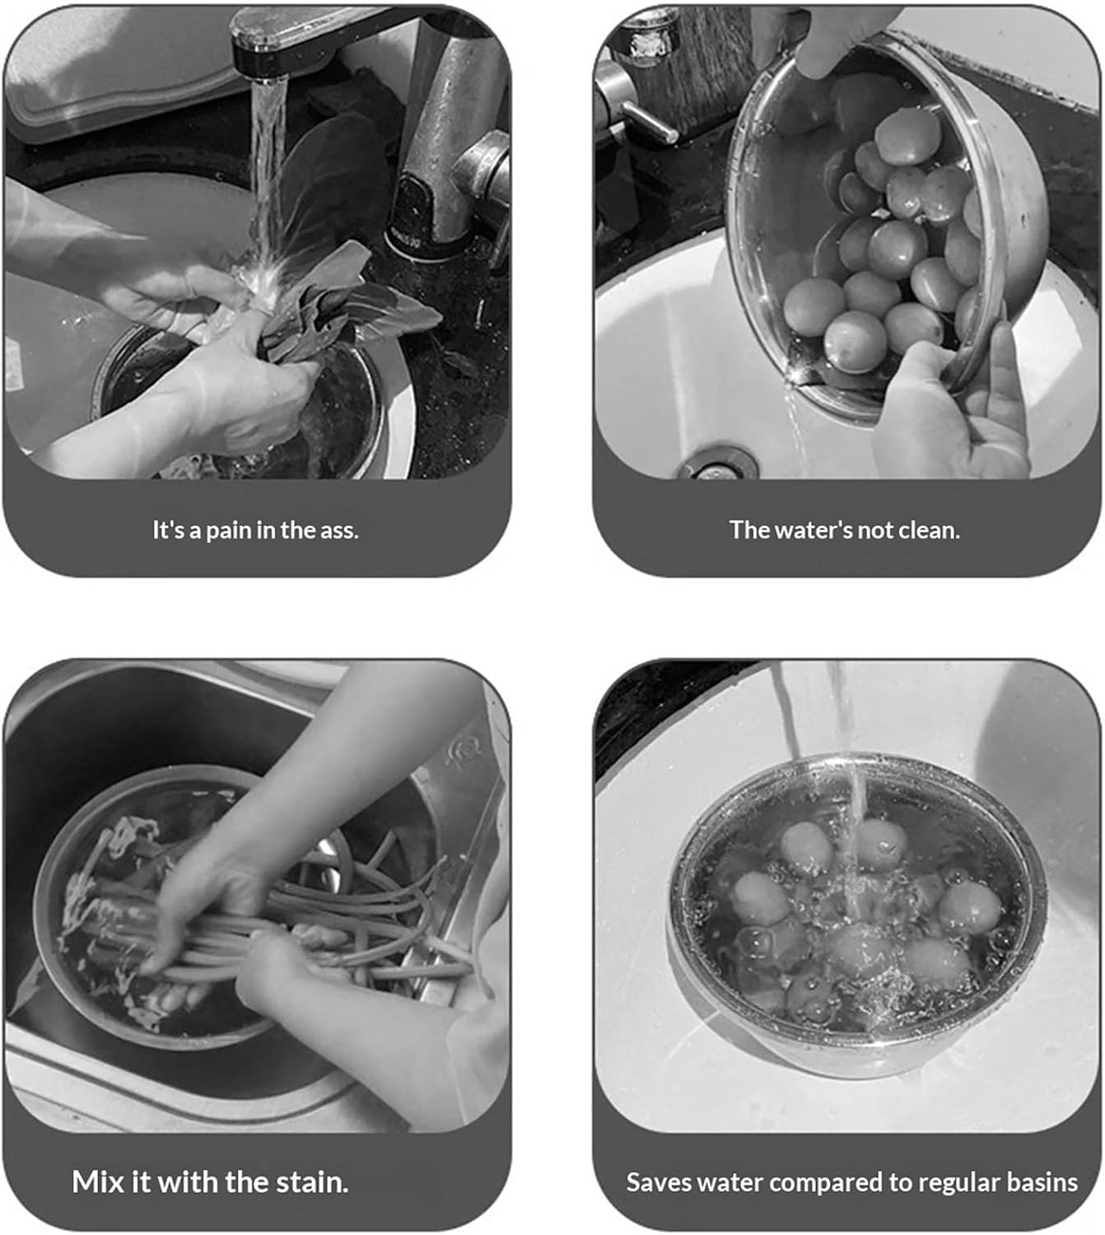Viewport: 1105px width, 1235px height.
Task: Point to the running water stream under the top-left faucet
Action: click(267, 165)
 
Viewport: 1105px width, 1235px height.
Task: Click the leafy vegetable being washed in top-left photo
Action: click(329, 296)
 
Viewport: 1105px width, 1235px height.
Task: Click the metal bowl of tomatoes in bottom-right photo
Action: click(856, 922)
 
